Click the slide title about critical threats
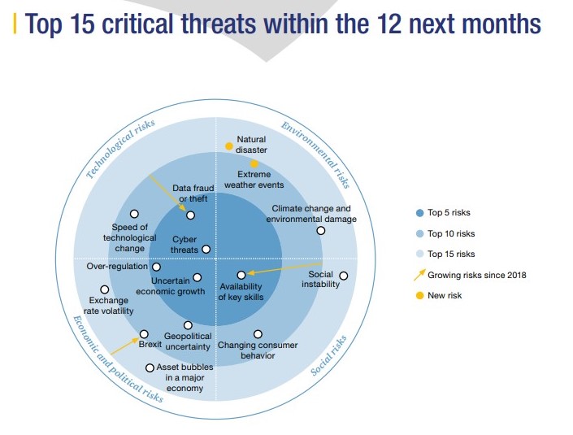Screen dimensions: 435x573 click(283, 24)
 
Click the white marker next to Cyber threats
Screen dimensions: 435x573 click(206, 250)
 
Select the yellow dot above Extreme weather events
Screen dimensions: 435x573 click(254, 163)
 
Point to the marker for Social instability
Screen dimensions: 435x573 click(343, 276)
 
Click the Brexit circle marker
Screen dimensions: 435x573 click(144, 333)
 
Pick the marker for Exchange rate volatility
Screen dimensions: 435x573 click(104, 289)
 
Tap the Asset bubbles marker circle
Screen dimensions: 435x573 click(150, 368)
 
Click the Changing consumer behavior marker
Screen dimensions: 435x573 click(258, 334)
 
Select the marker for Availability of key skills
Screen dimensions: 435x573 click(241, 275)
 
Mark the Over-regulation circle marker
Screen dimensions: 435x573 click(157, 267)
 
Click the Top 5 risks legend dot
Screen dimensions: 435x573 click(419, 213)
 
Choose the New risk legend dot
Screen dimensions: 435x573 click(419, 295)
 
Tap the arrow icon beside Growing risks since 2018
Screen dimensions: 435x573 click(419, 274)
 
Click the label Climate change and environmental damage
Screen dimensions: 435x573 click(311, 214)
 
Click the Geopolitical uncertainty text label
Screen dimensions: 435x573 click(188, 341)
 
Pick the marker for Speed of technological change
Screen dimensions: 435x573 click(134, 214)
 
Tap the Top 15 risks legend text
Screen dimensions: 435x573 click(451, 254)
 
